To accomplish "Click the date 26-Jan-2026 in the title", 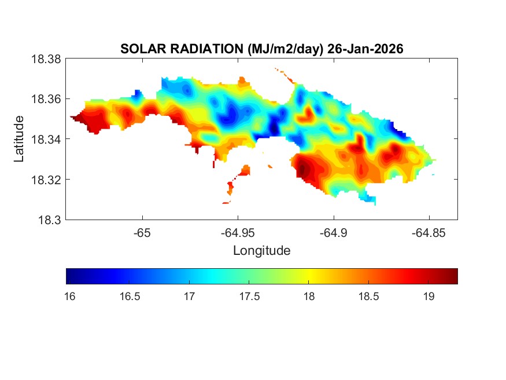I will click(x=365, y=49).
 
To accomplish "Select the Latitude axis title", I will click(x=19, y=138).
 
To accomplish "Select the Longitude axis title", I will click(x=261, y=251).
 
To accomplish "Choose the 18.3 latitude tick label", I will click(x=50, y=220).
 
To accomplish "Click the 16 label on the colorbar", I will click(x=69, y=297).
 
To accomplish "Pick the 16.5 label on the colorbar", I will click(x=129, y=297).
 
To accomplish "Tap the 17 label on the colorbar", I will click(x=189, y=297).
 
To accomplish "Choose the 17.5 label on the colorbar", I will click(x=249, y=297).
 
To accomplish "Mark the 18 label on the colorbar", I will click(x=309, y=297).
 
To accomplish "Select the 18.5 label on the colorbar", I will click(x=368, y=297).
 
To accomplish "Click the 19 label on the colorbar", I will click(x=429, y=297).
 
